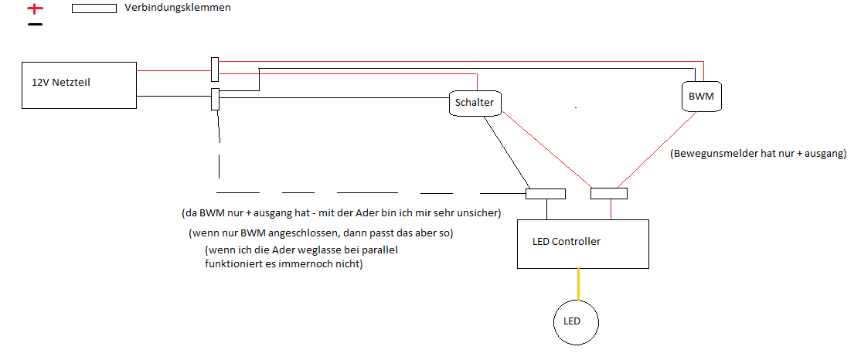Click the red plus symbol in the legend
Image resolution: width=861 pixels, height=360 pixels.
pyautogui.click(x=35, y=9)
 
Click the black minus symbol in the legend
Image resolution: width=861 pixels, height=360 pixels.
pyautogui.click(x=35, y=25)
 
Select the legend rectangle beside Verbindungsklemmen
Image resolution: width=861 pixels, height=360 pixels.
pyautogui.click(x=94, y=9)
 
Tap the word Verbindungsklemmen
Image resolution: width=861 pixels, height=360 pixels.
pyautogui.click(x=177, y=8)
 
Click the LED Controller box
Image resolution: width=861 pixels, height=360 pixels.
pyautogui.click(x=582, y=244)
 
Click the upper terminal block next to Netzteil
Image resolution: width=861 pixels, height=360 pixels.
pyautogui.click(x=214, y=69)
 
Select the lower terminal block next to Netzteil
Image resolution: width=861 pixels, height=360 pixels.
pyautogui.click(x=215, y=99)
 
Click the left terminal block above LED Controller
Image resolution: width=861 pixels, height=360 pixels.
pyautogui.click(x=545, y=193)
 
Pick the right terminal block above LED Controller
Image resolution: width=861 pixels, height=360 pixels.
pyautogui.click(x=608, y=193)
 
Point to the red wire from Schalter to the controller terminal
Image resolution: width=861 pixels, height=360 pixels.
pyautogui.click(x=549, y=151)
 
